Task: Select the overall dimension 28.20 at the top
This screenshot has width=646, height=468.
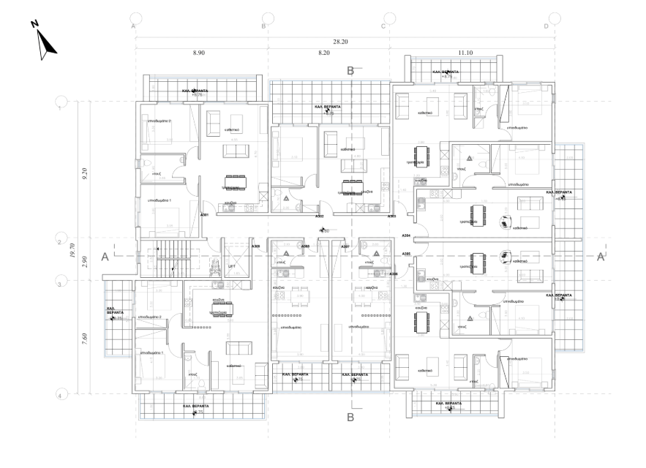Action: (340, 42)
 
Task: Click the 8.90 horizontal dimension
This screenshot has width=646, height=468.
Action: (199, 53)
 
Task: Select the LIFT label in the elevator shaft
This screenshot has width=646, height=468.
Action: (232, 267)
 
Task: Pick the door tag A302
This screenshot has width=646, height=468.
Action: (320, 216)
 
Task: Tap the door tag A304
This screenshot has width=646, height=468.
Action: (406, 236)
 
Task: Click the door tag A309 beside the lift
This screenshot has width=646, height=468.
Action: (255, 246)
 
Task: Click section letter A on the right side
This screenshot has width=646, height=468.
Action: (601, 257)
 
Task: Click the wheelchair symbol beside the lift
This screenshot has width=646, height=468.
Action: (215, 265)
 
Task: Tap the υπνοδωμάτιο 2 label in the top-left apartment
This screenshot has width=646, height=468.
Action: (159, 121)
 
